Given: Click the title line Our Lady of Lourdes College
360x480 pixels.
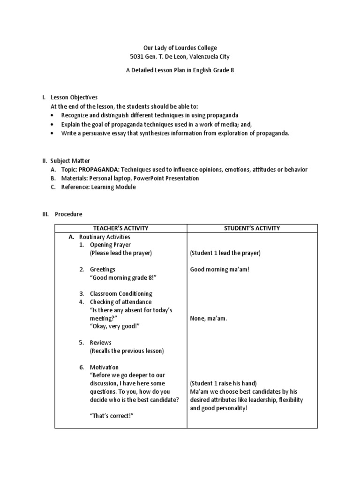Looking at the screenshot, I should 180,48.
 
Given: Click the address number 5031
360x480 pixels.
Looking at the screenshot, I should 137,57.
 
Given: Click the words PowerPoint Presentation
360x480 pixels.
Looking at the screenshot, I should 170,179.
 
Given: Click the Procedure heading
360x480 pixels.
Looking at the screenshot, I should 68,214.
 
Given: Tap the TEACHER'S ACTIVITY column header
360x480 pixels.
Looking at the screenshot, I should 121,228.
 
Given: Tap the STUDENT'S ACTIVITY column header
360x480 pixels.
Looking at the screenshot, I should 252,228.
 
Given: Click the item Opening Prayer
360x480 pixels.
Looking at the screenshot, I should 110,245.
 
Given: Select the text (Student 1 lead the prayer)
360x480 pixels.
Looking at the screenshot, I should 225,253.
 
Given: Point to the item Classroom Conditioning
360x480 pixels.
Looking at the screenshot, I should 121,294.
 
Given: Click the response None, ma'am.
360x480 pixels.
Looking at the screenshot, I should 209,318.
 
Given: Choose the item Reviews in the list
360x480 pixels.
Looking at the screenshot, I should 101,343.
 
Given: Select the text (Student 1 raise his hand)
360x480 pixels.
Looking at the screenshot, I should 224,383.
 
